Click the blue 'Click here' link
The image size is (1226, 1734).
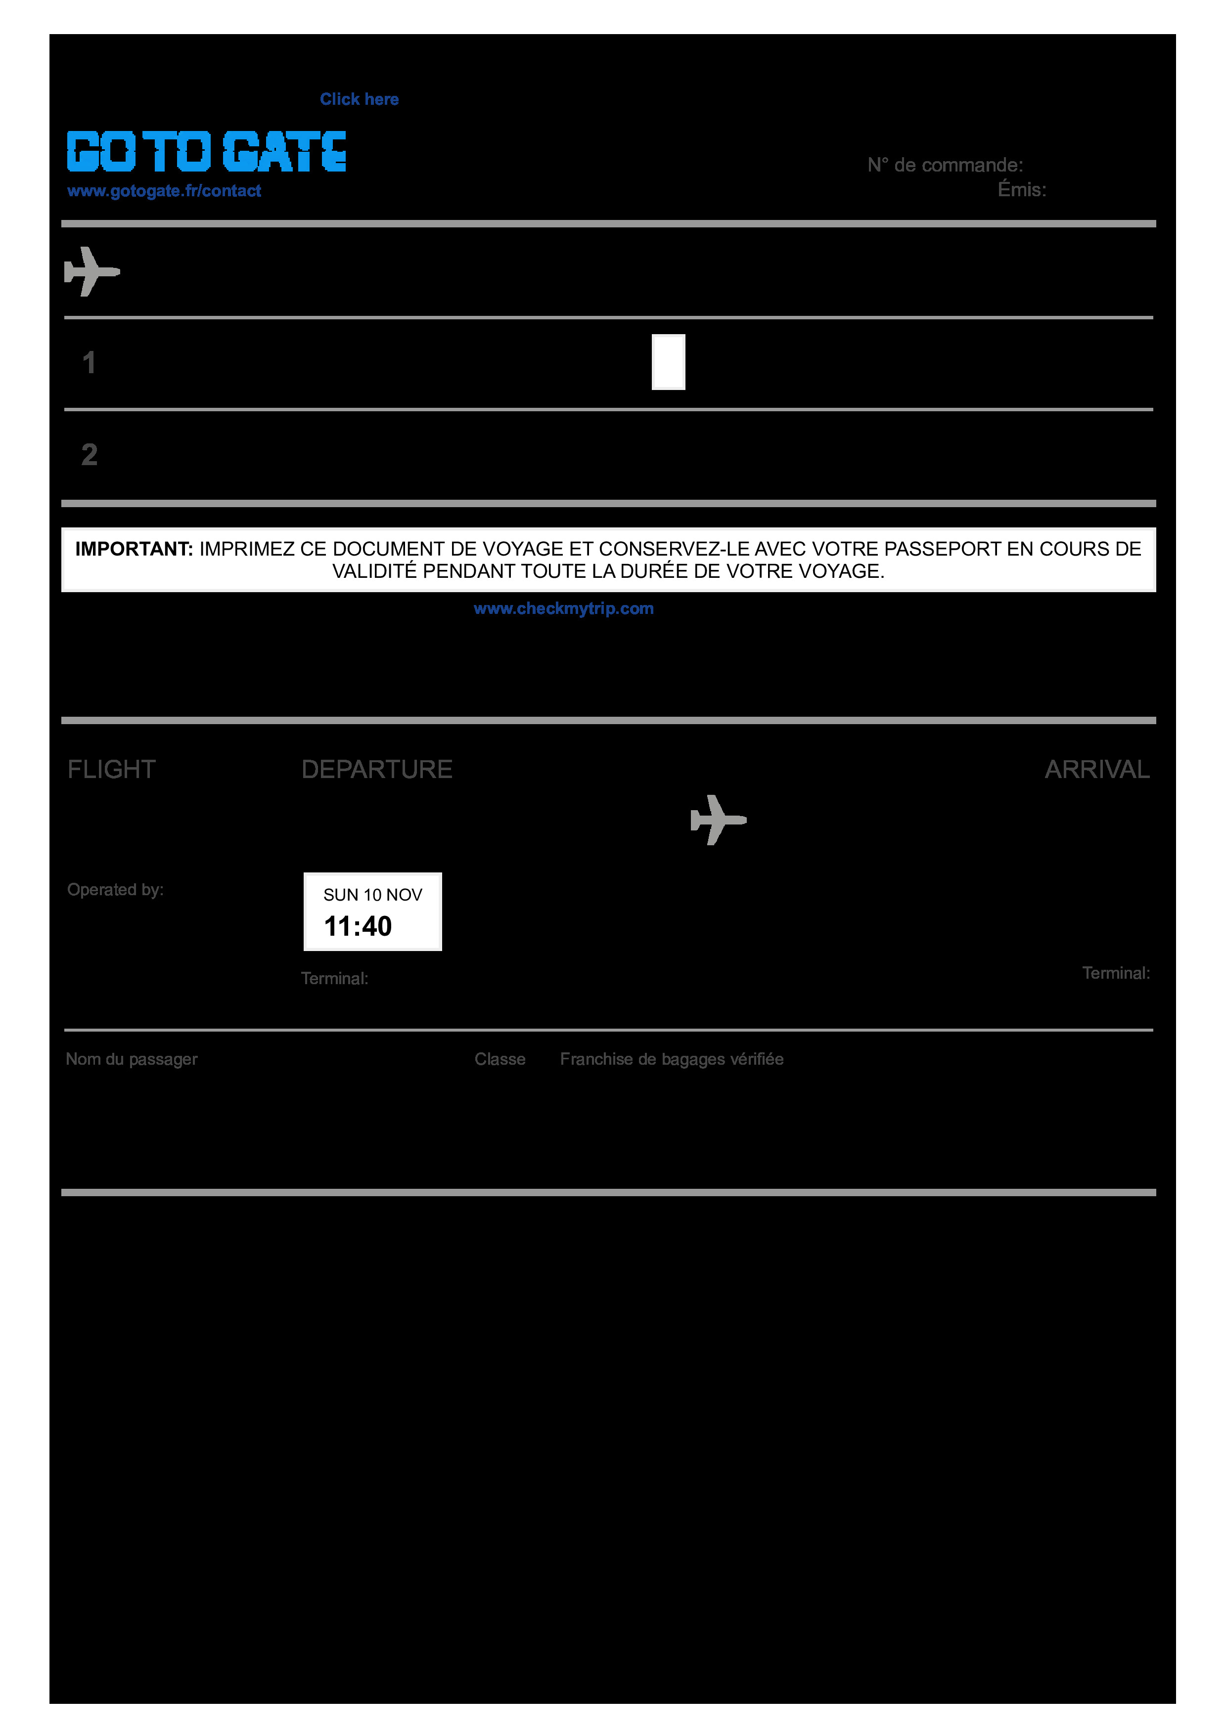pyautogui.click(x=359, y=99)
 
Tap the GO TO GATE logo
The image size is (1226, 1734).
pyautogui.click(x=206, y=151)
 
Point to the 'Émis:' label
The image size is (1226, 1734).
pyautogui.click(x=1021, y=189)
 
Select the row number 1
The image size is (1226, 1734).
pyautogui.click(x=89, y=363)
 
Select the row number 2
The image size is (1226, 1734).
pyautogui.click(x=89, y=455)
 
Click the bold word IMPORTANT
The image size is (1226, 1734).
pyautogui.click(x=134, y=549)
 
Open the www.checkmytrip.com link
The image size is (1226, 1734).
pyautogui.click(x=563, y=608)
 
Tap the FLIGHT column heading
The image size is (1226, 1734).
pyautogui.click(x=112, y=770)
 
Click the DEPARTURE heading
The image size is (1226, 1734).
pyautogui.click(x=377, y=770)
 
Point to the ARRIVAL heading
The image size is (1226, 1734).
pyautogui.click(x=1097, y=770)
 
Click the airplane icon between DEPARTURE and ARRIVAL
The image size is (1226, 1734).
pyautogui.click(x=718, y=820)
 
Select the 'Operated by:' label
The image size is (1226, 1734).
pyautogui.click(x=116, y=890)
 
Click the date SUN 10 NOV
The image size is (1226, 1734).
pyautogui.click(x=372, y=895)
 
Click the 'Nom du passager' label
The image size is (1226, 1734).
pyautogui.click(x=132, y=1059)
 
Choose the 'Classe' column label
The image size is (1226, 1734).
pyautogui.click(x=499, y=1059)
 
